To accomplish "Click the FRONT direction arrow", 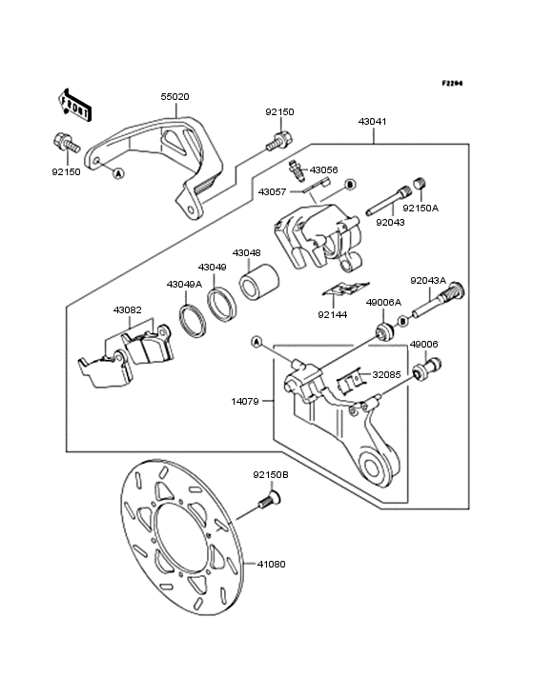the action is point(74,105).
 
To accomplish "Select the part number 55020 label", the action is point(175,97).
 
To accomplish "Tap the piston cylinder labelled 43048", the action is point(259,282).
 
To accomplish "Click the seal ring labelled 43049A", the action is point(192,321).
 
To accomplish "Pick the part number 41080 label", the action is point(271,564).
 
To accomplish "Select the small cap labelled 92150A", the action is point(421,184).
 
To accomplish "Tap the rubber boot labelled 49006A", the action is point(384,332).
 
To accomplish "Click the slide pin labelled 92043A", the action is point(439,302).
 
